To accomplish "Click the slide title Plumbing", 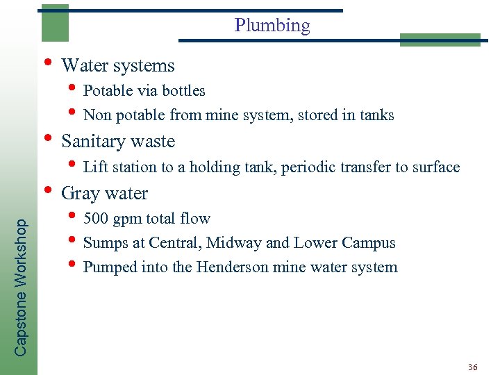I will coord(272,26).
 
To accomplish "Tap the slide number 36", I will coord(473,367).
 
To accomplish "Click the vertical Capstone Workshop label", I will coord(22,287).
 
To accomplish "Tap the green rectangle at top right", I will coord(440,40).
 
